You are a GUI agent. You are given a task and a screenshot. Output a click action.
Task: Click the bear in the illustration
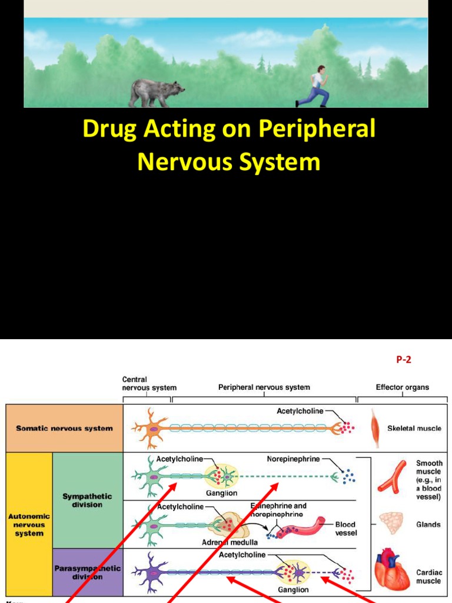(x=155, y=92)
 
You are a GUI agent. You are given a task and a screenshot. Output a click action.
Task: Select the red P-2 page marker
(x=403, y=360)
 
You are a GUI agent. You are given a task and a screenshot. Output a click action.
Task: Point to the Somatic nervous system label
(x=64, y=428)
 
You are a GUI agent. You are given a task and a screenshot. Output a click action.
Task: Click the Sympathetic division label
(x=87, y=501)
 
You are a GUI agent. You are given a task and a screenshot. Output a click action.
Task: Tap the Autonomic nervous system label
(x=29, y=525)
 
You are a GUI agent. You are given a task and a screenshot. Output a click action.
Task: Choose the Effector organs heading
(x=403, y=387)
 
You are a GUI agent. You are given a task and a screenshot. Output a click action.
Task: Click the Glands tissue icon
(x=391, y=523)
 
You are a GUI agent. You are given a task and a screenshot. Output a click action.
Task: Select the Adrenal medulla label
(x=230, y=541)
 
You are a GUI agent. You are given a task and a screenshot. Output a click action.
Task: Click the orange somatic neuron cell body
(x=152, y=429)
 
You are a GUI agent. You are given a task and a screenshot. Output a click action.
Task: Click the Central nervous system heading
(x=148, y=384)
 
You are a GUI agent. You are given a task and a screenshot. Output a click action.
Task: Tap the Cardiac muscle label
(x=428, y=577)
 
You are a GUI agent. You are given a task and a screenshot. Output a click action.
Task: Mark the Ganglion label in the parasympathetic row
(x=293, y=589)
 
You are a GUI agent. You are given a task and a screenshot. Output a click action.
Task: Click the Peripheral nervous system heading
(x=264, y=387)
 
